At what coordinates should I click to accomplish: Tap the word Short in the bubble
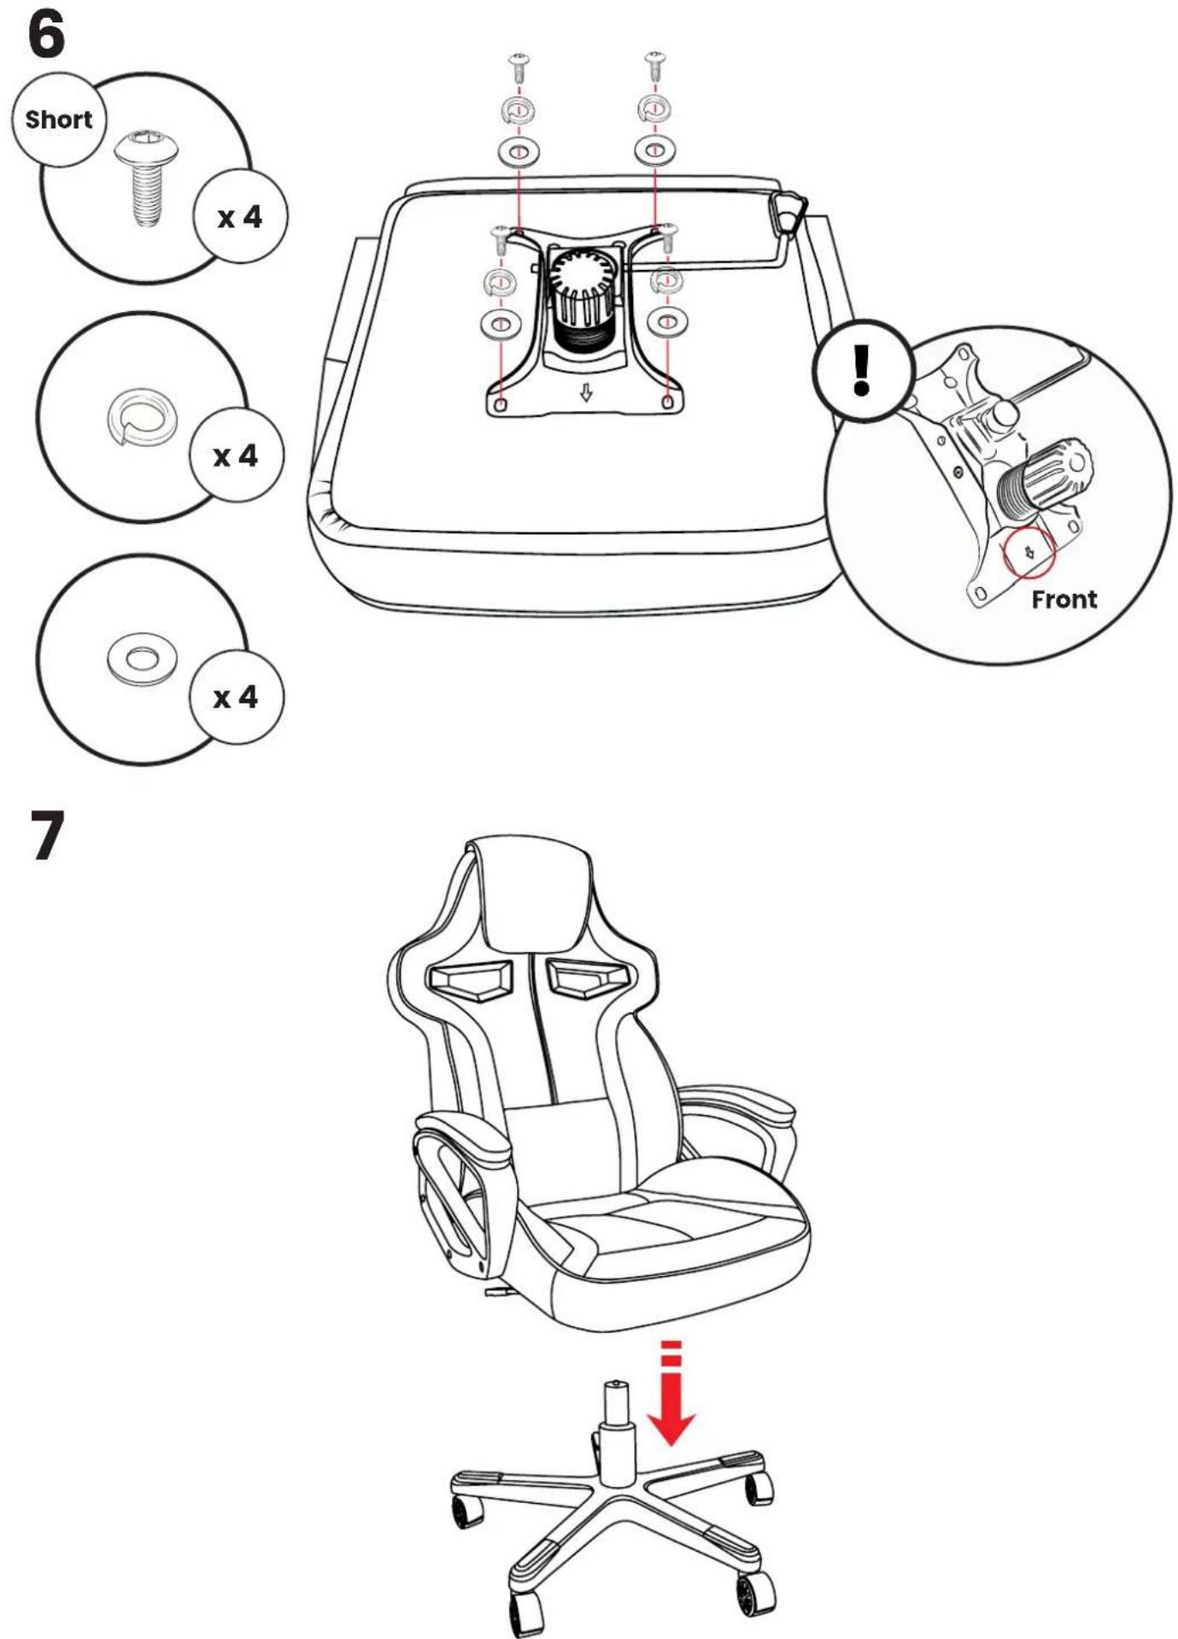pos(58,120)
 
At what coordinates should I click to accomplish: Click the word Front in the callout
pos(1064,599)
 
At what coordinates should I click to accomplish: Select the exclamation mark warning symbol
pos(862,370)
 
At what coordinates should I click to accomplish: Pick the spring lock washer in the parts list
pos(143,415)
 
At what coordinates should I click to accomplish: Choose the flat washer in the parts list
pos(142,659)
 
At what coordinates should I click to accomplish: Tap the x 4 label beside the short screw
pos(240,217)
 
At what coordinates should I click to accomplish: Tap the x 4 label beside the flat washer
pos(236,697)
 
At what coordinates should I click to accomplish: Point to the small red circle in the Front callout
pos(1029,552)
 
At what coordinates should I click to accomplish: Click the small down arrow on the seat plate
pos(586,392)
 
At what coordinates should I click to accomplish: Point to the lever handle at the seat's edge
pos(788,212)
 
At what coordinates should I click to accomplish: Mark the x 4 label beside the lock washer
pos(236,455)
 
